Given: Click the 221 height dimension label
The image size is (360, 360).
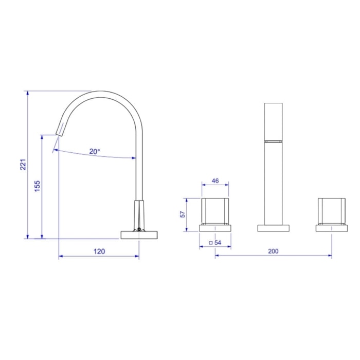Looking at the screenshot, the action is point(23,165).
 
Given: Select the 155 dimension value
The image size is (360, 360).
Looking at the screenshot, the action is point(37,186).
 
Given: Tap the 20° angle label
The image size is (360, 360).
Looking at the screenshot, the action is point(95,152).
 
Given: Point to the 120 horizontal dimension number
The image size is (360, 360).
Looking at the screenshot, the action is point(99,251).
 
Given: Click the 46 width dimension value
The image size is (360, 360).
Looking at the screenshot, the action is point(215,181).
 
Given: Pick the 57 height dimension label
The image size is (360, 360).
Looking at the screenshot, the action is point(183,214).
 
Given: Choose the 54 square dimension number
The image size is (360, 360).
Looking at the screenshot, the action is point(218,243).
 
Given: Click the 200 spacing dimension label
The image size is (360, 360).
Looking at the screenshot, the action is point(273,251).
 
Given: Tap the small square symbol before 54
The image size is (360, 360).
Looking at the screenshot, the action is point(211,243).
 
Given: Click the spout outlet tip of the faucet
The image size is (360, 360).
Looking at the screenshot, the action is point(59,135).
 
